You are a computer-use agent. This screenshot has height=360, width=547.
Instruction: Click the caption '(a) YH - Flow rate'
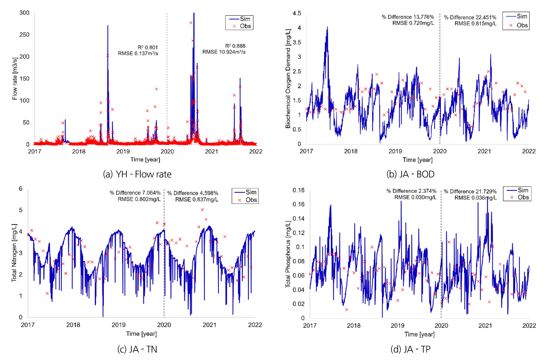[137, 174]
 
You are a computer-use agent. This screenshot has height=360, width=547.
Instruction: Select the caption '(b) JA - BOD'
[410, 174]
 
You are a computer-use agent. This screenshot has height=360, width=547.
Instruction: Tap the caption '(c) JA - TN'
[137, 349]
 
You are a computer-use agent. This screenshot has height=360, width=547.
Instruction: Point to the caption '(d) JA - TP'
[410, 349]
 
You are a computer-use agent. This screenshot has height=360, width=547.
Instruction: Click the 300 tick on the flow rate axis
[24, 13]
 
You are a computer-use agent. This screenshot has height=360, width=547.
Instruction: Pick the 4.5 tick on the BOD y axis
[297, 13]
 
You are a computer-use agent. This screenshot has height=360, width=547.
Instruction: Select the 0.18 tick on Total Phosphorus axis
[298, 190]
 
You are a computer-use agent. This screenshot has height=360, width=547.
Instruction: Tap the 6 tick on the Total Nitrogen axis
[21, 189]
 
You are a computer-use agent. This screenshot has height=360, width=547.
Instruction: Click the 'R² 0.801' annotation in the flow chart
[148, 47]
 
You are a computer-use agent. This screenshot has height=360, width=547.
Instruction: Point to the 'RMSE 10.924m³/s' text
[224, 52]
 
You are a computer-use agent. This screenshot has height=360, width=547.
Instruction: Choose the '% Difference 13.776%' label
[408, 17]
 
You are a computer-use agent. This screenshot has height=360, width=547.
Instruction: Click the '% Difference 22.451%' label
[470, 17]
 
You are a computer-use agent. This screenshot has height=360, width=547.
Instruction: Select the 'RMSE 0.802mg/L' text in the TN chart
[139, 199]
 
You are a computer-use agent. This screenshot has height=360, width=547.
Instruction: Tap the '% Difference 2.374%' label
[411, 191]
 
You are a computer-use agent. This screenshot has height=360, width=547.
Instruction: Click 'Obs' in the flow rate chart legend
[245, 26]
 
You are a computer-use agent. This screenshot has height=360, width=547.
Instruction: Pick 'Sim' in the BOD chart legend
[522, 16]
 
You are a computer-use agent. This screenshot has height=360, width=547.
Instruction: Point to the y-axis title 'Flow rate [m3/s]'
[15, 78]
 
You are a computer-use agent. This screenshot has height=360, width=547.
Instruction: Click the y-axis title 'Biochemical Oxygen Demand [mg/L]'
[288, 78]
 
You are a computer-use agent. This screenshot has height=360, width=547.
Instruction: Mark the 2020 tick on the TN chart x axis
[164, 325]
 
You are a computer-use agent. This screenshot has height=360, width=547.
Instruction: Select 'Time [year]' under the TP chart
[419, 334]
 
